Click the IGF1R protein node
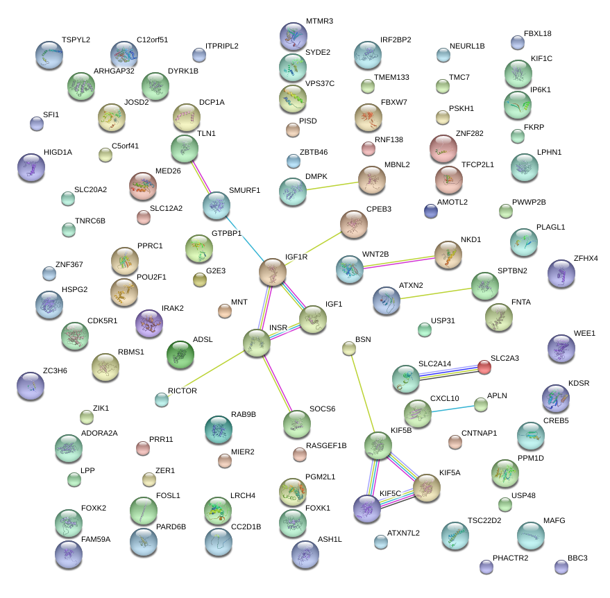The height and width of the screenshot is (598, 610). coord(273,272)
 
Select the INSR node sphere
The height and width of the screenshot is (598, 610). coord(257,343)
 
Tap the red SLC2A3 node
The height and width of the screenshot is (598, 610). coord(484,367)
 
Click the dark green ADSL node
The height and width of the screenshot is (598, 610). coord(181,354)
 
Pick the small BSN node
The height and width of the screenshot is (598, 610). coord(349,348)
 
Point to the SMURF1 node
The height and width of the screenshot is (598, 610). coord(217,206)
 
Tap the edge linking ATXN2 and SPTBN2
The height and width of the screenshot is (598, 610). coord(436,293)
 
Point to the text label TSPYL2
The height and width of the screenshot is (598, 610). coord(76,40)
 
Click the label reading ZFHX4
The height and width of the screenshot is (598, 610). coord(586,258)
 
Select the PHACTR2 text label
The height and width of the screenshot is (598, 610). coord(510,558)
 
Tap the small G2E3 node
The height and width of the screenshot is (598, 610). coord(200,280)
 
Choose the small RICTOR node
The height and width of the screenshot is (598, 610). coord(162,399)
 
